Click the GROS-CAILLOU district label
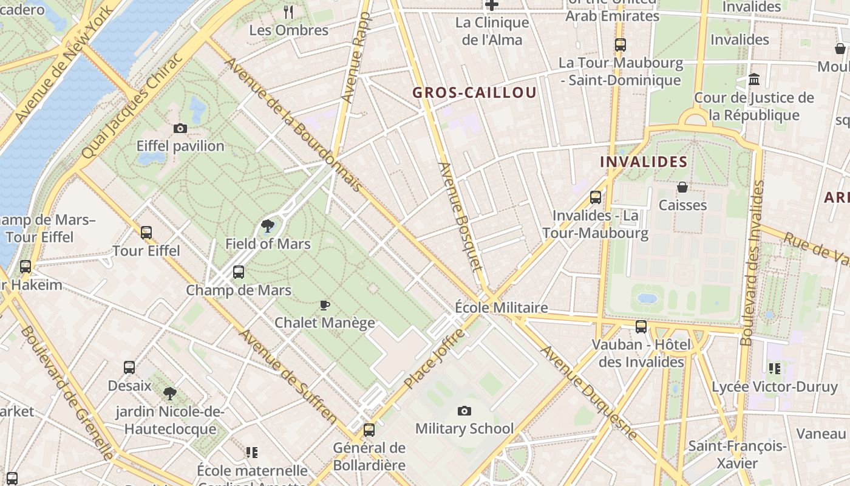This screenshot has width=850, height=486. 474,92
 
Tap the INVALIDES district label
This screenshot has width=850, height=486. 644,162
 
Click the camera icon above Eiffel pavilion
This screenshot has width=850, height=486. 180,128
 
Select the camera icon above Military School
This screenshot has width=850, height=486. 464,411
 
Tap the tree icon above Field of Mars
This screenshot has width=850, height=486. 267,227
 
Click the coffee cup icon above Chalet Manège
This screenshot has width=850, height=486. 325,305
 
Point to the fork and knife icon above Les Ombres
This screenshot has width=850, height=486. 289,12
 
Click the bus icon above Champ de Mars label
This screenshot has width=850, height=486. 239,272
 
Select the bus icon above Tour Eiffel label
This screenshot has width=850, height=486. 146,233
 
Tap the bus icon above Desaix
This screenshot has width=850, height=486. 129,368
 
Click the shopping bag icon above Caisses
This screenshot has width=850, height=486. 682,187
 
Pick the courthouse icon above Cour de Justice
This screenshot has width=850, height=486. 754,80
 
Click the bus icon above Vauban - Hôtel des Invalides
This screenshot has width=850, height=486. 641,327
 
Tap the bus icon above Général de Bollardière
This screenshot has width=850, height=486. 369,430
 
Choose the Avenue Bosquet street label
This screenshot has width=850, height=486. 460,216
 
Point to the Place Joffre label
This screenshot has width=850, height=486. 435,359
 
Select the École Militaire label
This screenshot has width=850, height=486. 501,308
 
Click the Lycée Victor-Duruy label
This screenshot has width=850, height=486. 774,387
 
